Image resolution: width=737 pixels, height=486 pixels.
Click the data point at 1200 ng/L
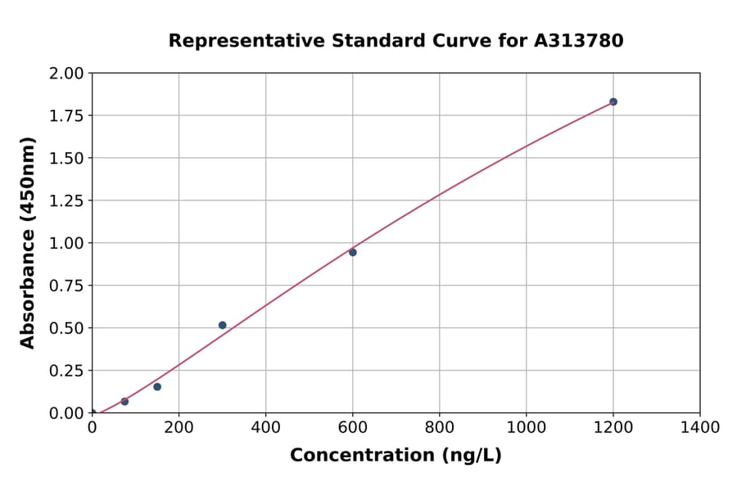tap(613, 101)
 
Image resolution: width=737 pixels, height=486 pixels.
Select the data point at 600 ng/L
tap(353, 252)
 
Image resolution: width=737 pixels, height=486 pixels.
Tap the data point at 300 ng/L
tap(223, 325)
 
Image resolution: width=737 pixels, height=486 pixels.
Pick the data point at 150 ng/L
tap(157, 386)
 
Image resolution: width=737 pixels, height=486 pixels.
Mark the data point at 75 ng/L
tap(124, 401)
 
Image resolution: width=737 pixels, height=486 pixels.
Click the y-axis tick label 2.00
tap(67, 74)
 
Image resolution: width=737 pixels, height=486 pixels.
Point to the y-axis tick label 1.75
tap(67, 116)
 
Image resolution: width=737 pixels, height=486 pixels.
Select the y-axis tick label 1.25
tap(67, 201)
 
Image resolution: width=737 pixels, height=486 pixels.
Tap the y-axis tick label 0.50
tap(67, 328)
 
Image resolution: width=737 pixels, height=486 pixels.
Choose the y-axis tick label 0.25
tap(67, 371)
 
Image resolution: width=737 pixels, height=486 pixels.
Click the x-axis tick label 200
tap(179, 427)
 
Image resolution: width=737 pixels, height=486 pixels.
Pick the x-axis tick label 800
tap(440, 427)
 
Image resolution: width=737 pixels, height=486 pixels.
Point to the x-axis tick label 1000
tap(527, 427)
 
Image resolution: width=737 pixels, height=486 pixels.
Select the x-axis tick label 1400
tap(700, 427)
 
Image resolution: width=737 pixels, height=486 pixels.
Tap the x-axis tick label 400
tap(265, 427)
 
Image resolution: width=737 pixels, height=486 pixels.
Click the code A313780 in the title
tap(579, 41)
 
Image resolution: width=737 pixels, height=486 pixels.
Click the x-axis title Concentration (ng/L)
tap(396, 455)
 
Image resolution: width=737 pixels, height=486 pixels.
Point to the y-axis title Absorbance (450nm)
tap(28, 243)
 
